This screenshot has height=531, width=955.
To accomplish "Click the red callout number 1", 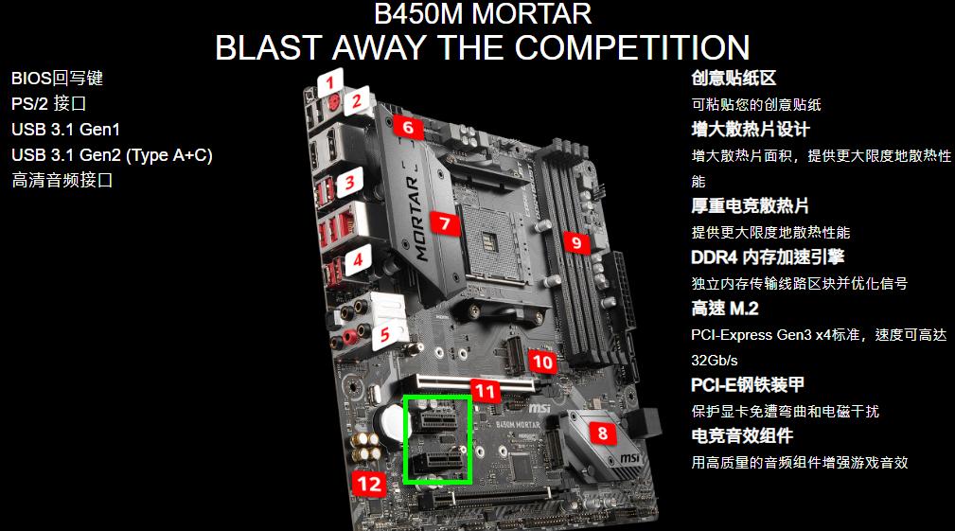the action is click(330, 82).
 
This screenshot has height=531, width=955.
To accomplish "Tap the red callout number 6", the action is click(408, 127).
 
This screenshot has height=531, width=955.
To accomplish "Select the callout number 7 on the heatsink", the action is click(445, 223).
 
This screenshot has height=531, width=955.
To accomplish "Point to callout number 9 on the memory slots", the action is click(576, 243).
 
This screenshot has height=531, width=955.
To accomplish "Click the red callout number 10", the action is click(542, 363).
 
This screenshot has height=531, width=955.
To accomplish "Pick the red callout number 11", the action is click(486, 391).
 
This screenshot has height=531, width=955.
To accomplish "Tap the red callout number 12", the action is click(369, 484).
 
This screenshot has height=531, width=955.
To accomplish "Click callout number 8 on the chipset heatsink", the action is click(603, 433).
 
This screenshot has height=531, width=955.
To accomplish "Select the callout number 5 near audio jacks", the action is click(384, 335).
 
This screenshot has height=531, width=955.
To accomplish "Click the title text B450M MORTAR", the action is click(483, 14).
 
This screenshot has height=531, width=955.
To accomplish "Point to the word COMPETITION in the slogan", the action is click(632, 47).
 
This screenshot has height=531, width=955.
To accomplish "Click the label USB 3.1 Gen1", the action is click(65, 130).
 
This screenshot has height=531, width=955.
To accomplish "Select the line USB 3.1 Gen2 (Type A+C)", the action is click(112, 156).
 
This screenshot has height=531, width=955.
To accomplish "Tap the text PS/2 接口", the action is click(48, 103).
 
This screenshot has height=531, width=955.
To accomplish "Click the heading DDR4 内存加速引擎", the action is click(768, 257).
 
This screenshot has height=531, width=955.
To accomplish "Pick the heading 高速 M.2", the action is click(725, 309).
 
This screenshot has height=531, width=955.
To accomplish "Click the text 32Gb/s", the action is click(715, 361).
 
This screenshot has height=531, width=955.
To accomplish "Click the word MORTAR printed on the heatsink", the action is click(418, 218).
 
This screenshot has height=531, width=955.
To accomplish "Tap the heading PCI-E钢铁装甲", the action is click(748, 385).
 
